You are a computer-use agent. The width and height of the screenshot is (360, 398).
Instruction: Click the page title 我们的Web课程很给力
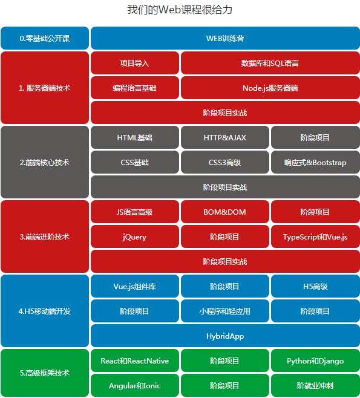point(180,10)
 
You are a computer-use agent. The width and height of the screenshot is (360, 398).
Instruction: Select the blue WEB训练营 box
point(225,38)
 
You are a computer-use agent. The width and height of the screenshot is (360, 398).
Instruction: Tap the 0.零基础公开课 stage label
point(45,38)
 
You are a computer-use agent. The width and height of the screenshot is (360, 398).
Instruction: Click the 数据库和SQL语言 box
point(270,63)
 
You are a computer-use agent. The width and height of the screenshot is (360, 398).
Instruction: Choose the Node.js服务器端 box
point(270,88)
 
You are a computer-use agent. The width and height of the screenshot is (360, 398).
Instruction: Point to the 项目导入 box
point(134,63)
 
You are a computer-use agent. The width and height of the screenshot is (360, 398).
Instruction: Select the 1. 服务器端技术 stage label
point(45,88)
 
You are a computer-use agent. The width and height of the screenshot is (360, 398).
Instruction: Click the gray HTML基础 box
point(134,137)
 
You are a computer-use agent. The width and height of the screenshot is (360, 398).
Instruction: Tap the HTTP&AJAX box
point(224,137)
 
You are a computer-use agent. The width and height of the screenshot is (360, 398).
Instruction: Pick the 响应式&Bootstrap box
point(315,162)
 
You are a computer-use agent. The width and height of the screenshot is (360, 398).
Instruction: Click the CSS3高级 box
point(224,162)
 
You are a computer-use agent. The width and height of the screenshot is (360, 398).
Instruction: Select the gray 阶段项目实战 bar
point(225,187)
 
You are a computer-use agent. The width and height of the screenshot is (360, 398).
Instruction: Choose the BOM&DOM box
point(224,212)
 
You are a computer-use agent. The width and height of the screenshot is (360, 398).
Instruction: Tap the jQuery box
point(134,237)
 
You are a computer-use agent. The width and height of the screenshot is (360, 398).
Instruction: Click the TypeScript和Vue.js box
point(315,237)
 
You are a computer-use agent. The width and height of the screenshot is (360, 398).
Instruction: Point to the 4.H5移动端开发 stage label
point(45,311)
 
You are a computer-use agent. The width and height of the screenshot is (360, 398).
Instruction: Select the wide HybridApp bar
point(225,336)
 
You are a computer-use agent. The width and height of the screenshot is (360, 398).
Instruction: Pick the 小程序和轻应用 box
point(224,311)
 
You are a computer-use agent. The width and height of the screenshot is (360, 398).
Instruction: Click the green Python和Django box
point(315,360)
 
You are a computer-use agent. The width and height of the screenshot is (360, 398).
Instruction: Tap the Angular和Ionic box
point(134,385)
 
